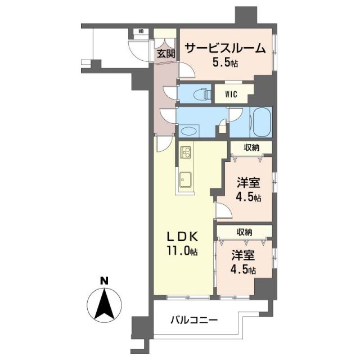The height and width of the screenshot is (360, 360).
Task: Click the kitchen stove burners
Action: tap(186, 152)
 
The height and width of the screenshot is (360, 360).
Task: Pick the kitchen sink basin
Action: tap(186, 179)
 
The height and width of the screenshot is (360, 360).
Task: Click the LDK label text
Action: tap(182, 236)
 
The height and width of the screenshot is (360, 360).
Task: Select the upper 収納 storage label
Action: tap(251, 148)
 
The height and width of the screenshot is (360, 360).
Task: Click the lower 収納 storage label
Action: tap(244, 232)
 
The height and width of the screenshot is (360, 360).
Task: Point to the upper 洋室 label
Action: tap(247, 183)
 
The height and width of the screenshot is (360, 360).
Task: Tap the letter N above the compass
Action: tap(103, 280)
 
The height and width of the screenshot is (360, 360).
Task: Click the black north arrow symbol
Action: tap(104, 304)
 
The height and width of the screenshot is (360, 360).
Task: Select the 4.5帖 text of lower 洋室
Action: tap(243, 270)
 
